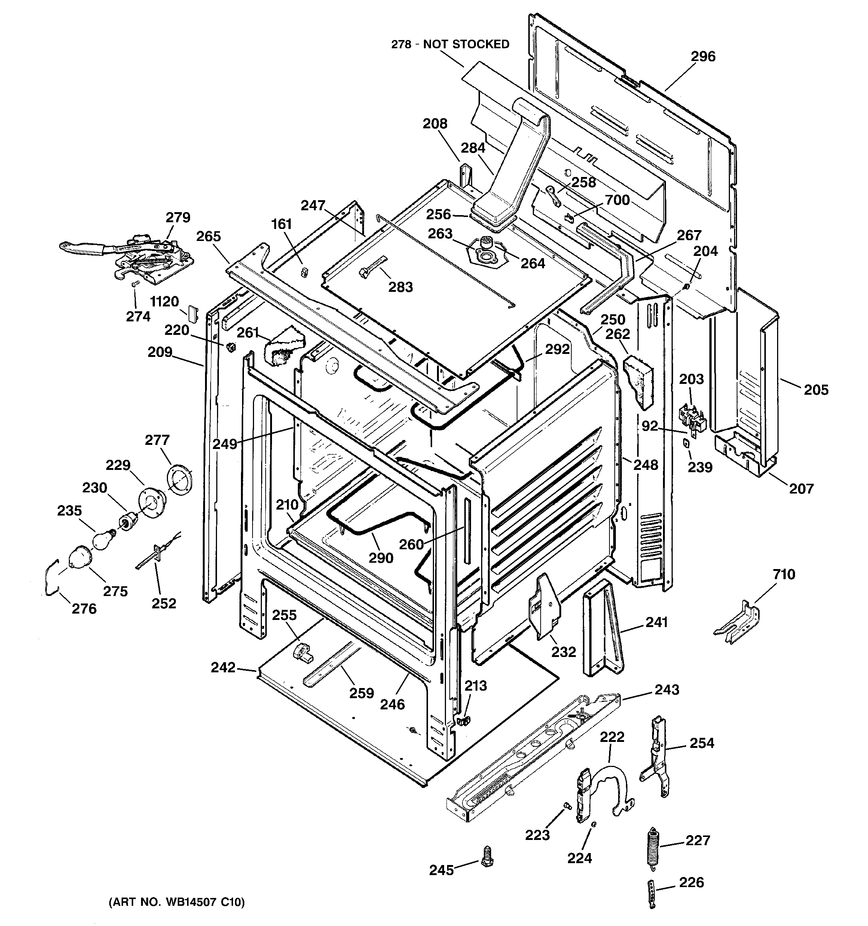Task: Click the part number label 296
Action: click(x=703, y=56)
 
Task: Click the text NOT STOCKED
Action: click(x=466, y=44)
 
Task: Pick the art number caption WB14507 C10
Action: click(x=177, y=902)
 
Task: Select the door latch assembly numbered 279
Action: click(x=140, y=259)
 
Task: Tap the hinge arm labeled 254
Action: click(x=657, y=757)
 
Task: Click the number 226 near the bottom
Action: click(x=691, y=882)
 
